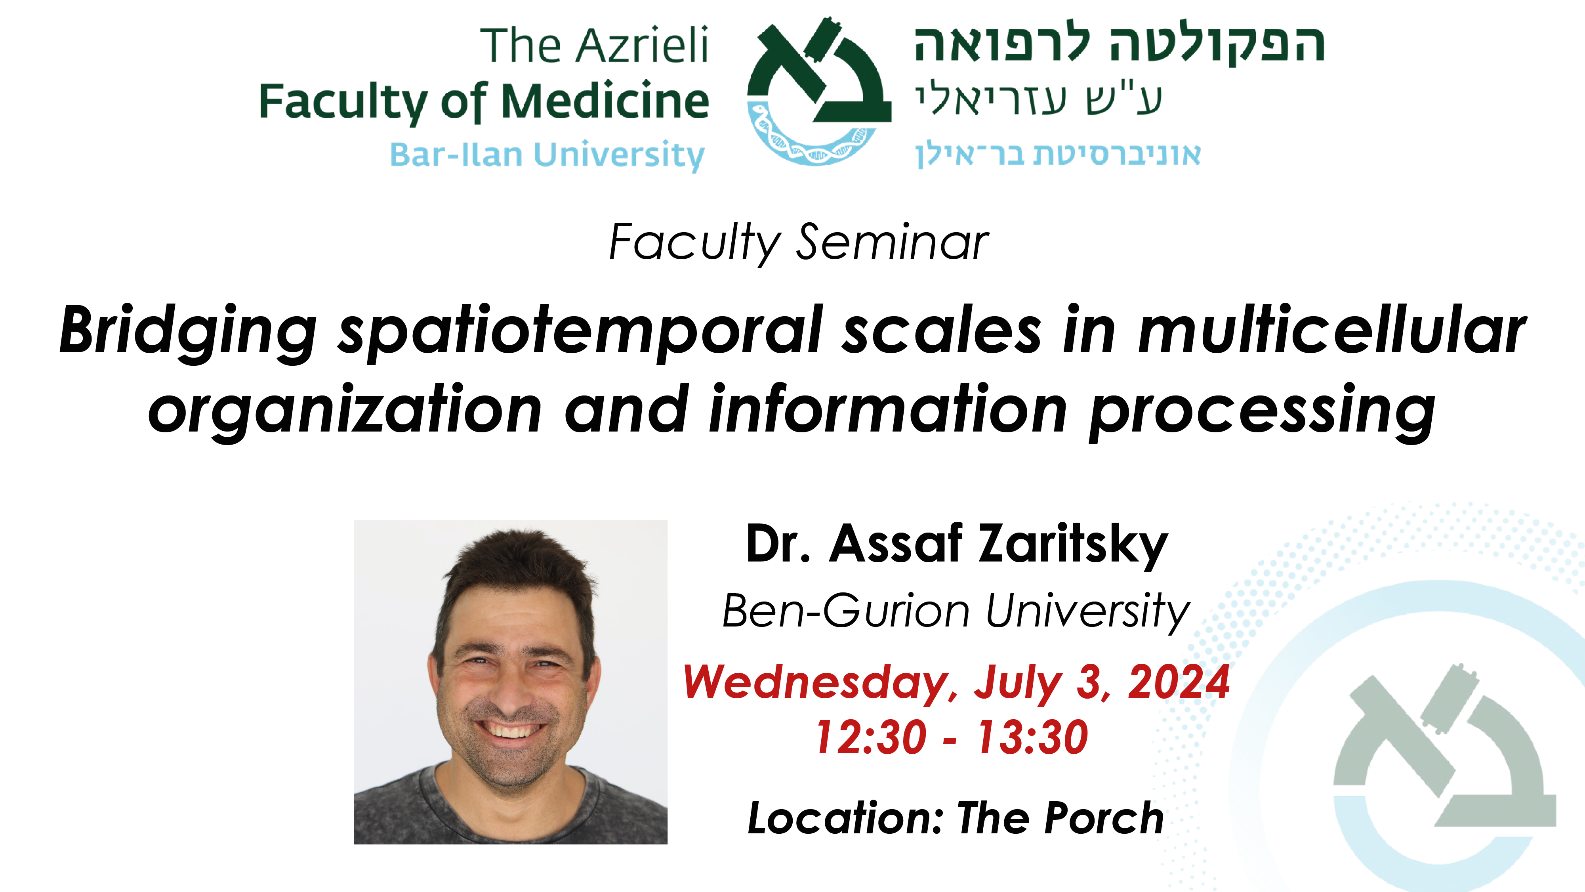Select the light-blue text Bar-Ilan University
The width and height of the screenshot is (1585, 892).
[547, 155]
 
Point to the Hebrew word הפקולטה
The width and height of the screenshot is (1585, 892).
[1217, 44]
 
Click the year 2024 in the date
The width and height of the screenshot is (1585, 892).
[1178, 682]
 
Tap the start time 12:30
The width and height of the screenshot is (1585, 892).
[871, 737]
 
